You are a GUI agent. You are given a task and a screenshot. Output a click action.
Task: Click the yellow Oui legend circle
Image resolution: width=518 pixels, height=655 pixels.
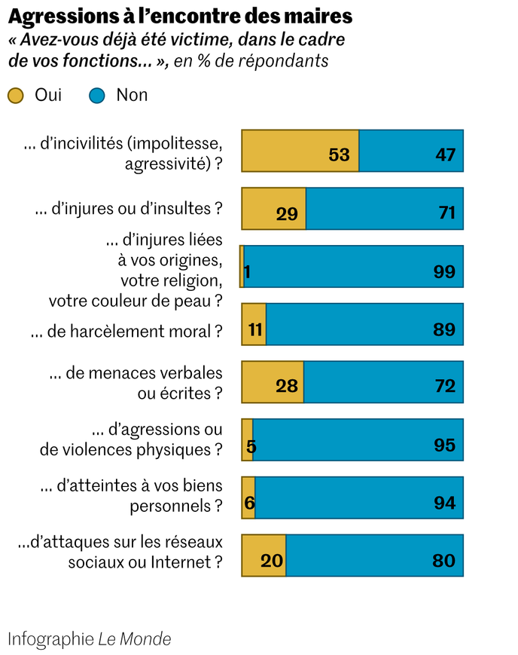pyautogui.click(x=16, y=95)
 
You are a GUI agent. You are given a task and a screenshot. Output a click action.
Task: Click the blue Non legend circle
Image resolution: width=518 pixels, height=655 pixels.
pyautogui.click(x=97, y=95)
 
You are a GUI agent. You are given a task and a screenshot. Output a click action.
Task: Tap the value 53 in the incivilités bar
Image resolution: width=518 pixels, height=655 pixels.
pyautogui.click(x=340, y=155)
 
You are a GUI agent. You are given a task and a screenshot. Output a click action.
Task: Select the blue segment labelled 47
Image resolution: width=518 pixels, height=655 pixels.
pyautogui.click(x=411, y=151)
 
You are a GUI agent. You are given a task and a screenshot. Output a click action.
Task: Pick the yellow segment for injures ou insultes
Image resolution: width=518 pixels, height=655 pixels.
pyautogui.click(x=273, y=209)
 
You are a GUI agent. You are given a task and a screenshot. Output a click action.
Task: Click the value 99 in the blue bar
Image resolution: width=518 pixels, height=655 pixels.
pyautogui.click(x=444, y=271)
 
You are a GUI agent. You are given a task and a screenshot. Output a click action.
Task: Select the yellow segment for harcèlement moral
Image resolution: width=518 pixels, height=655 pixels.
pyautogui.click(x=254, y=324)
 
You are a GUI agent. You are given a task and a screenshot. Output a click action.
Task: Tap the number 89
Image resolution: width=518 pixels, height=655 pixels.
pyautogui.click(x=444, y=329)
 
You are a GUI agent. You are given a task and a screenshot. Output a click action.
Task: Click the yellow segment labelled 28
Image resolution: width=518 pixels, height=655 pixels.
pyautogui.click(x=273, y=382)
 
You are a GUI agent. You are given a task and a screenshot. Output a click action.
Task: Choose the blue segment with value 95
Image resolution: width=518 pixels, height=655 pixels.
pyautogui.click(x=358, y=439)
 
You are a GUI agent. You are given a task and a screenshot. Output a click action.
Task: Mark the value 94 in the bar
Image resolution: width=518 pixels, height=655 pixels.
pyautogui.click(x=444, y=503)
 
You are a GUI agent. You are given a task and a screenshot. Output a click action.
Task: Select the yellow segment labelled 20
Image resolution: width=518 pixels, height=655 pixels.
pyautogui.click(x=264, y=556)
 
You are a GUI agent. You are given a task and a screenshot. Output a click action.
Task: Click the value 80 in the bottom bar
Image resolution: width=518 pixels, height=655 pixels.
pyautogui.click(x=444, y=561)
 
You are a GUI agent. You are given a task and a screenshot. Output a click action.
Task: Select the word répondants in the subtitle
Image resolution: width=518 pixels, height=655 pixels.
pyautogui.click(x=284, y=61)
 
